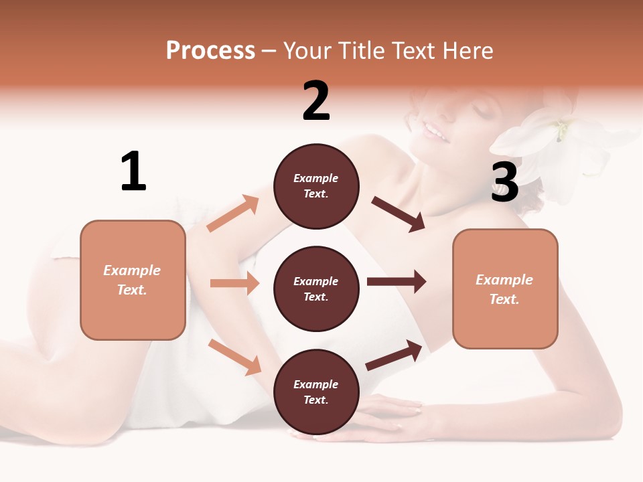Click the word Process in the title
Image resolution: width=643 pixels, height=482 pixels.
[210, 51]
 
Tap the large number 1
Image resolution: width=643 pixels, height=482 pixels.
[133, 171]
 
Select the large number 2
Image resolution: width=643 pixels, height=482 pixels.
[316, 101]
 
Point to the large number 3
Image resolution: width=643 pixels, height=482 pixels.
[505, 182]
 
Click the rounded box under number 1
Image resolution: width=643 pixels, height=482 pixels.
[133, 280]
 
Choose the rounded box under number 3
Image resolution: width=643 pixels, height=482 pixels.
[505, 289]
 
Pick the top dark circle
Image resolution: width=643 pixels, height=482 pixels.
[316, 186]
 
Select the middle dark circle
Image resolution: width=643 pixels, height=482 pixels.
[316, 289]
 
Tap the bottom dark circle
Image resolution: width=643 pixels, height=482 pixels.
[316, 392]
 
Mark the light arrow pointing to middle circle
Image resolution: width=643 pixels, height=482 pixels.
[234, 283]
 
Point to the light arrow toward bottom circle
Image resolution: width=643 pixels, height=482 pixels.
[234, 357]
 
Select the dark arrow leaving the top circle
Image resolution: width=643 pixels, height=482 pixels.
[399, 214]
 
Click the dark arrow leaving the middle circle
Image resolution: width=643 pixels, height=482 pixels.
[397, 281]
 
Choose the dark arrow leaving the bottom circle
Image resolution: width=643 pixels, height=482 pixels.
[394, 355]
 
